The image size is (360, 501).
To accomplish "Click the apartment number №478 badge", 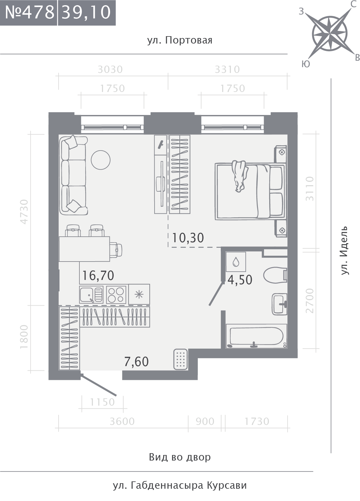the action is (x=29, y=13).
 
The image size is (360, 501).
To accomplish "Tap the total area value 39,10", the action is (x=86, y=13).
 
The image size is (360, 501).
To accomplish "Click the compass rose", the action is (x=329, y=33).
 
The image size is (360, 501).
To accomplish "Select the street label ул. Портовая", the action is (x=180, y=40).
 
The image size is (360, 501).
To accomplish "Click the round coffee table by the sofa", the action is (x=101, y=160).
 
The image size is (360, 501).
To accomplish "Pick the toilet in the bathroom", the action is (x=275, y=275).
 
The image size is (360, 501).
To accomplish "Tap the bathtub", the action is (x=256, y=336).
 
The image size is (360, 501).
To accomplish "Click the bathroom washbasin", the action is (x=279, y=304).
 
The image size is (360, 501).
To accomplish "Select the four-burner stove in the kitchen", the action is (x=116, y=295).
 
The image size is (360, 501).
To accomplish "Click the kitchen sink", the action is (x=91, y=295).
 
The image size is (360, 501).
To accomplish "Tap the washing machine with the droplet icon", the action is (x=236, y=262).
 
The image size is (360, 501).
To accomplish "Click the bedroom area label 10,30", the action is (x=188, y=238).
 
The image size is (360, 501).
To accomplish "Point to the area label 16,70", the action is (x=98, y=275).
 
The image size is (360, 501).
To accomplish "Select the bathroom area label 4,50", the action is (x=240, y=280).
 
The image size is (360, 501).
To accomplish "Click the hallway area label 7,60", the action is (x=136, y=362).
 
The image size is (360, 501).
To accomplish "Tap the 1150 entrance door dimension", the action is (x=102, y=402).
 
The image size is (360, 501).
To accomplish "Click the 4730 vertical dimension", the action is (x=24, y=212).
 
